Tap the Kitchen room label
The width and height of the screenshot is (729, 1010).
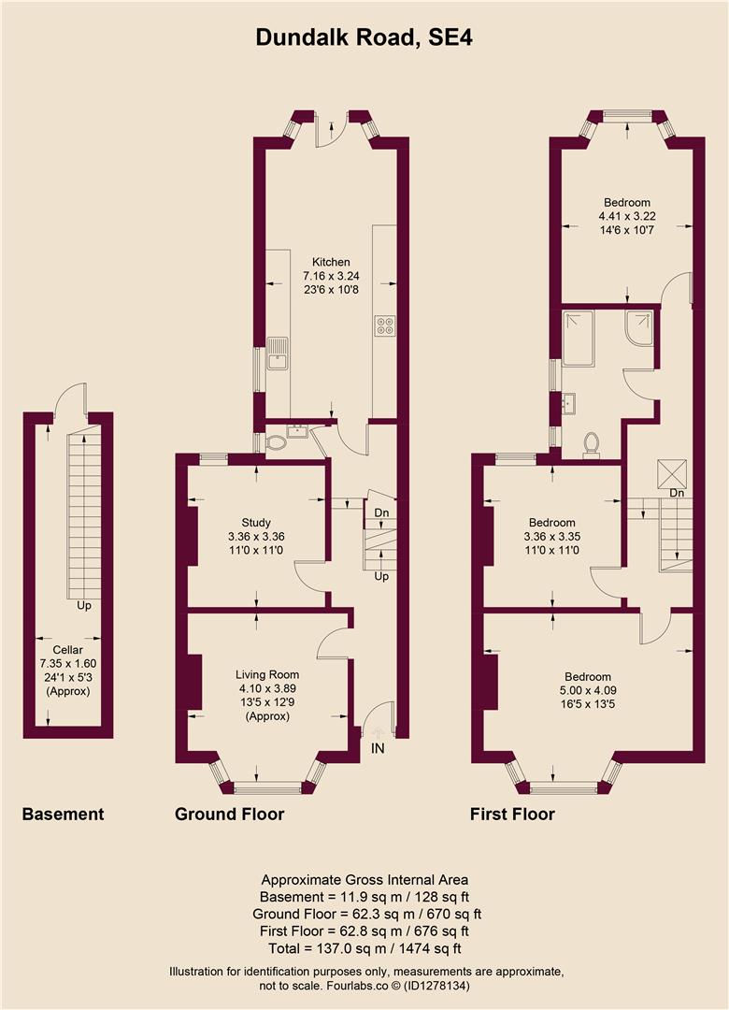pyautogui.click(x=331, y=263)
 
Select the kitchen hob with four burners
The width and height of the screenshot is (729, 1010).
pyautogui.click(x=384, y=326)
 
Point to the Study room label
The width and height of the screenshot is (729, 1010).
pyautogui.click(x=256, y=523)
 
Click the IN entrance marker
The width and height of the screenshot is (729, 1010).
pyautogui.click(x=378, y=748)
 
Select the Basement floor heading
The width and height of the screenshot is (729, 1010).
pyautogui.click(x=63, y=815)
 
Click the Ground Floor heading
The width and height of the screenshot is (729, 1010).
pyautogui.click(x=229, y=815)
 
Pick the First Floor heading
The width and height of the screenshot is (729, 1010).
pyautogui.click(x=512, y=815)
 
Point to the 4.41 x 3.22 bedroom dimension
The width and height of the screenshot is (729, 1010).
pyautogui.click(x=626, y=216)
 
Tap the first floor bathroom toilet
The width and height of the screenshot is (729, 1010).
pyautogui.click(x=591, y=442)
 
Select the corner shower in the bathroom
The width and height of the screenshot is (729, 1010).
pyautogui.click(x=638, y=327)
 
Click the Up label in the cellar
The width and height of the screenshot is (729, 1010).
pyautogui.click(x=84, y=606)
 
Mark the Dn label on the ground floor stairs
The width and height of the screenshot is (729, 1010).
pyautogui.click(x=380, y=513)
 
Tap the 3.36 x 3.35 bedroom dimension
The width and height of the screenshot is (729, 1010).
pyautogui.click(x=552, y=538)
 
